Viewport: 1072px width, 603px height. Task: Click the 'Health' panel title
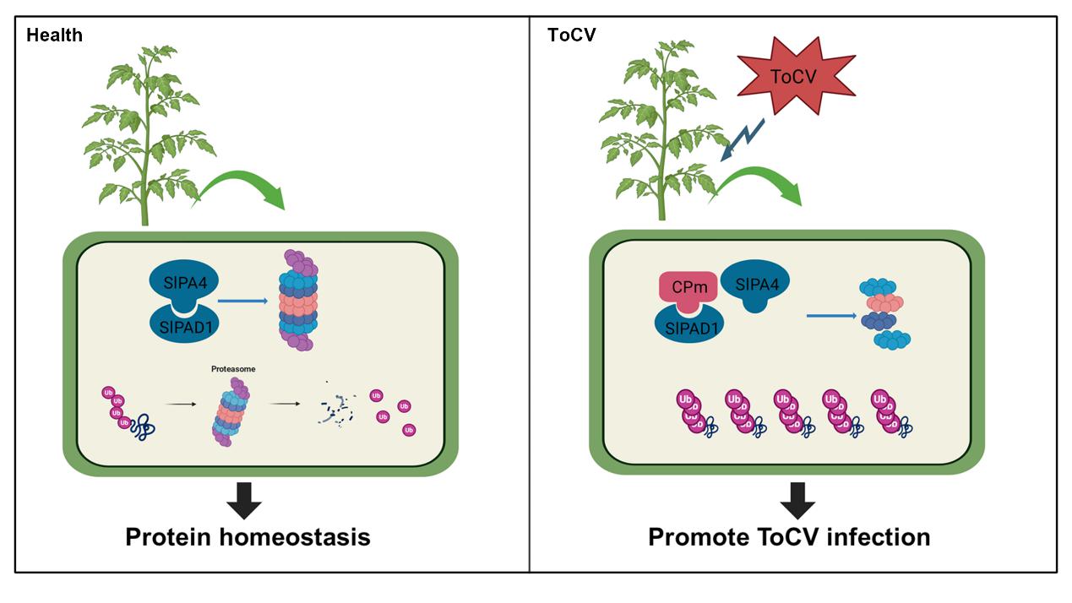tap(54, 35)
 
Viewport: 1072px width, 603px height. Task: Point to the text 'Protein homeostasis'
tap(248, 537)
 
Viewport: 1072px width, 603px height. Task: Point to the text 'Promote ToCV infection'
tap(789, 537)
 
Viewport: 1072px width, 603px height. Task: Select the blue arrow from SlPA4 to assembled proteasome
tap(245, 299)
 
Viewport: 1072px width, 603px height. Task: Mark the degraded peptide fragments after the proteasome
tap(336, 410)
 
